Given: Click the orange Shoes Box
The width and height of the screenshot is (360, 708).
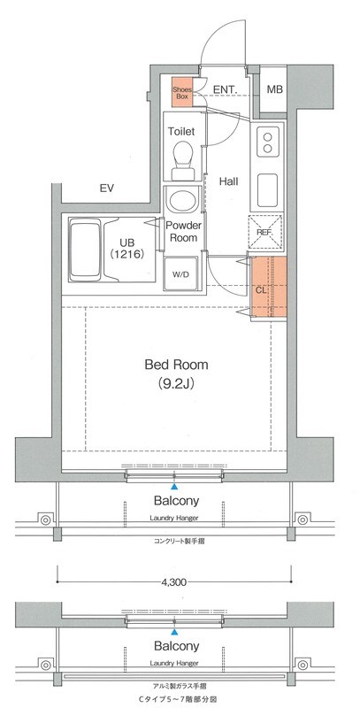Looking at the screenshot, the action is pyautogui.click(x=182, y=92).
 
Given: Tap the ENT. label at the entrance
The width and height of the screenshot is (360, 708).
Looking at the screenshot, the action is pyautogui.click(x=226, y=90).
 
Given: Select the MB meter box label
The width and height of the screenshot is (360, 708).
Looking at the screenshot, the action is pyautogui.click(x=274, y=89).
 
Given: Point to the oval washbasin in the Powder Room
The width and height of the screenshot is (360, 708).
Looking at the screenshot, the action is pyautogui.click(x=182, y=201).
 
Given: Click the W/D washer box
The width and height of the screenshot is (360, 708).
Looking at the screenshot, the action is pyautogui.click(x=180, y=273).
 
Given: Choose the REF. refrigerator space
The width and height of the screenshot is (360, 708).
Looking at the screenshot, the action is pyautogui.click(x=265, y=232).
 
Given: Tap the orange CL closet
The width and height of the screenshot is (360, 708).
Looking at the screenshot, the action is pyautogui.click(x=268, y=286).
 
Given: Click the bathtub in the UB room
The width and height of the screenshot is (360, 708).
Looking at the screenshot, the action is pyautogui.click(x=85, y=250).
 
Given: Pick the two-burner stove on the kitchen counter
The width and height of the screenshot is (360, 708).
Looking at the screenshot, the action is pyautogui.click(x=267, y=142).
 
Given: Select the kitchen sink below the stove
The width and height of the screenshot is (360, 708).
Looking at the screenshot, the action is pyautogui.click(x=267, y=189).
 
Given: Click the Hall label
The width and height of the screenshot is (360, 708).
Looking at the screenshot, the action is pyautogui.click(x=229, y=182).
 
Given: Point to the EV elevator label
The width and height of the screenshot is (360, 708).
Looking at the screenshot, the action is pyautogui.click(x=106, y=189).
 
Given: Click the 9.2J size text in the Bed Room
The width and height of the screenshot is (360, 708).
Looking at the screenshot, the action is pyautogui.click(x=176, y=383).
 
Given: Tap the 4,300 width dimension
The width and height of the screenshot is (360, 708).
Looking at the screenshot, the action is pyautogui.click(x=173, y=582).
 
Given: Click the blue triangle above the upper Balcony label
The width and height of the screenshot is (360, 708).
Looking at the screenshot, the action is pyautogui.click(x=174, y=486).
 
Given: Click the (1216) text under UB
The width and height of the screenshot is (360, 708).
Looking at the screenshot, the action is pyautogui.click(x=127, y=254).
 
